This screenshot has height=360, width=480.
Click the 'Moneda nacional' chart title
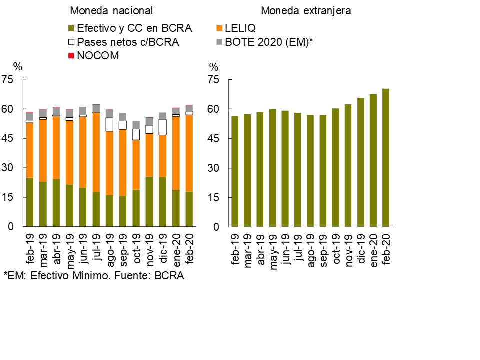click(111, 11)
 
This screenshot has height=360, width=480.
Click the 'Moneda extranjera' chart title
click(305, 11)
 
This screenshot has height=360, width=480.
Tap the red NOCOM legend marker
click(71, 56)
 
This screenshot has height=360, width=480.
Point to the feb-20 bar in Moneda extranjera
click(386, 158)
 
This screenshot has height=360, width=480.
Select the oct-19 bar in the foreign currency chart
click(335, 168)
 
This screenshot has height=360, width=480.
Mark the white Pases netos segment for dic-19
click(162, 127)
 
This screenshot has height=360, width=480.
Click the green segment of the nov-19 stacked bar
click(149, 202)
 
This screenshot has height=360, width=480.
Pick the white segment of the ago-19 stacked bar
click(109, 124)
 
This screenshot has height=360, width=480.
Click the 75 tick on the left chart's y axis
click(8, 80)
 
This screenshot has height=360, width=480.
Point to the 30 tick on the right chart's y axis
click(214, 168)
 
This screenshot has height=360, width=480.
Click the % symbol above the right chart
click(214, 67)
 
